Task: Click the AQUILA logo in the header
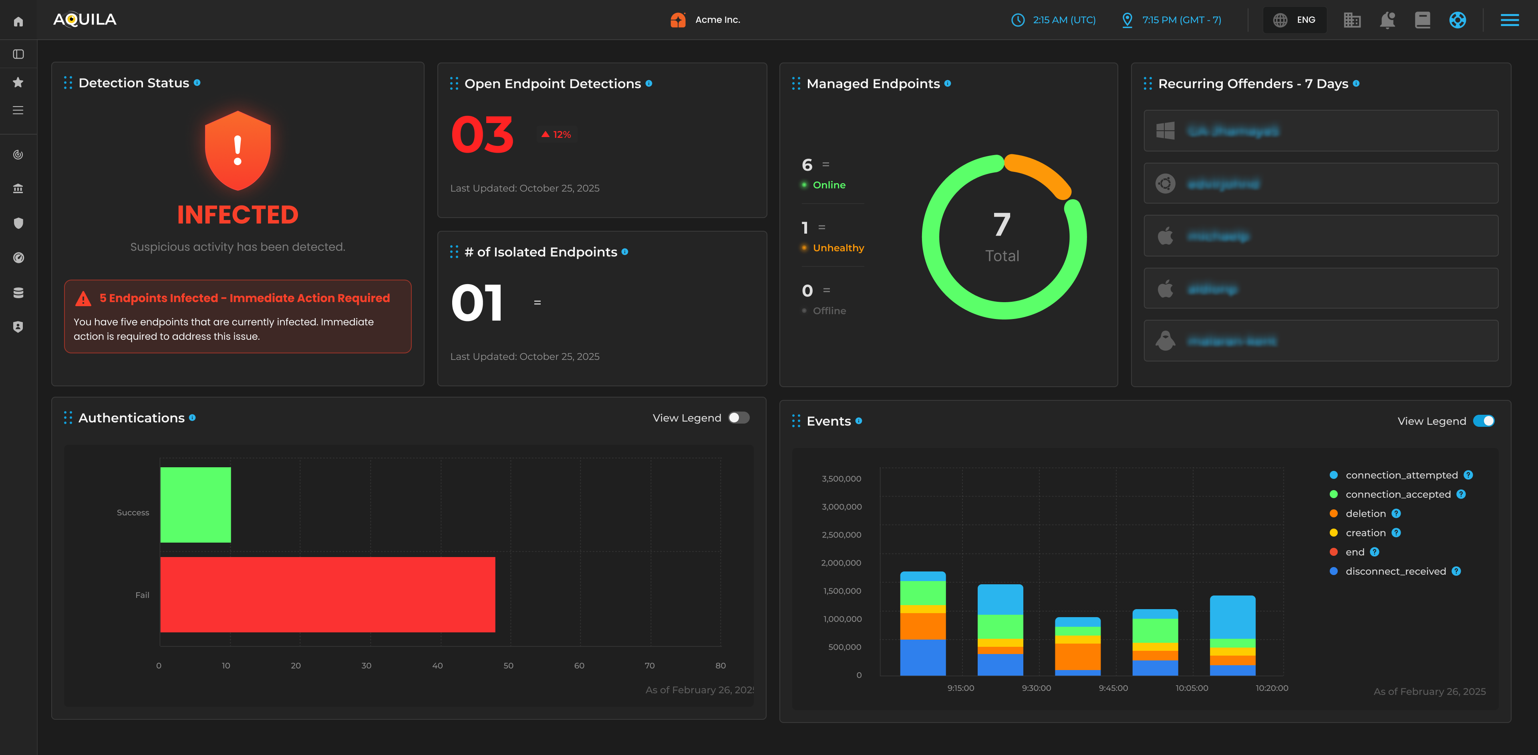[x=85, y=20]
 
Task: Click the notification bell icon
[x=1387, y=20]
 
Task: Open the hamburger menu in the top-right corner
[x=1509, y=20]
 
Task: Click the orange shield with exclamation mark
[x=238, y=151]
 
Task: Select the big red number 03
[x=482, y=135]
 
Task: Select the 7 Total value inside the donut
[x=1002, y=236]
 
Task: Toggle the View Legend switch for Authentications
[x=739, y=418]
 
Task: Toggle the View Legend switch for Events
[x=1483, y=421]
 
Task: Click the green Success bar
[x=195, y=505]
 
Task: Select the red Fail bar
[x=327, y=594]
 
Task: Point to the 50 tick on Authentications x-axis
[x=508, y=665]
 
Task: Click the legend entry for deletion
[x=1365, y=514]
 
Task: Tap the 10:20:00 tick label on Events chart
[x=1271, y=688]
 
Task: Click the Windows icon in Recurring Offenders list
[x=1165, y=131]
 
